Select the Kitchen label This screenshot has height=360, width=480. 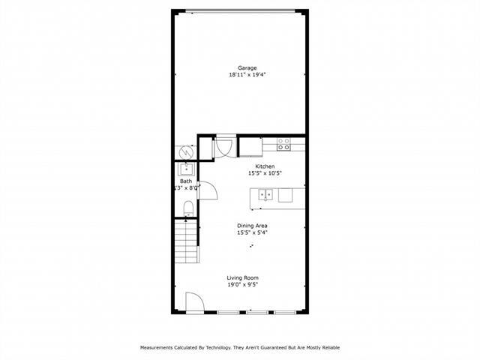(265, 166)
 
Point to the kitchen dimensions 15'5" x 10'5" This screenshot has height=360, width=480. (265, 173)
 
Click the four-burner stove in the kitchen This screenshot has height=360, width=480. (283, 144)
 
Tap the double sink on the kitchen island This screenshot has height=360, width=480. (265, 195)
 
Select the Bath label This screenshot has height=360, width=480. (185, 181)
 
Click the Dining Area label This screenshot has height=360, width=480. (253, 226)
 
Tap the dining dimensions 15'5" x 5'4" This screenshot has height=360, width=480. (253, 233)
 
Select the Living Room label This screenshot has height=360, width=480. (243, 277)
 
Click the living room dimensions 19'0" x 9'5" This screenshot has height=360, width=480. (243, 285)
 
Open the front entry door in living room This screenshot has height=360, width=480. (193, 303)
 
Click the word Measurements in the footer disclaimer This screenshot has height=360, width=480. (160, 348)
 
